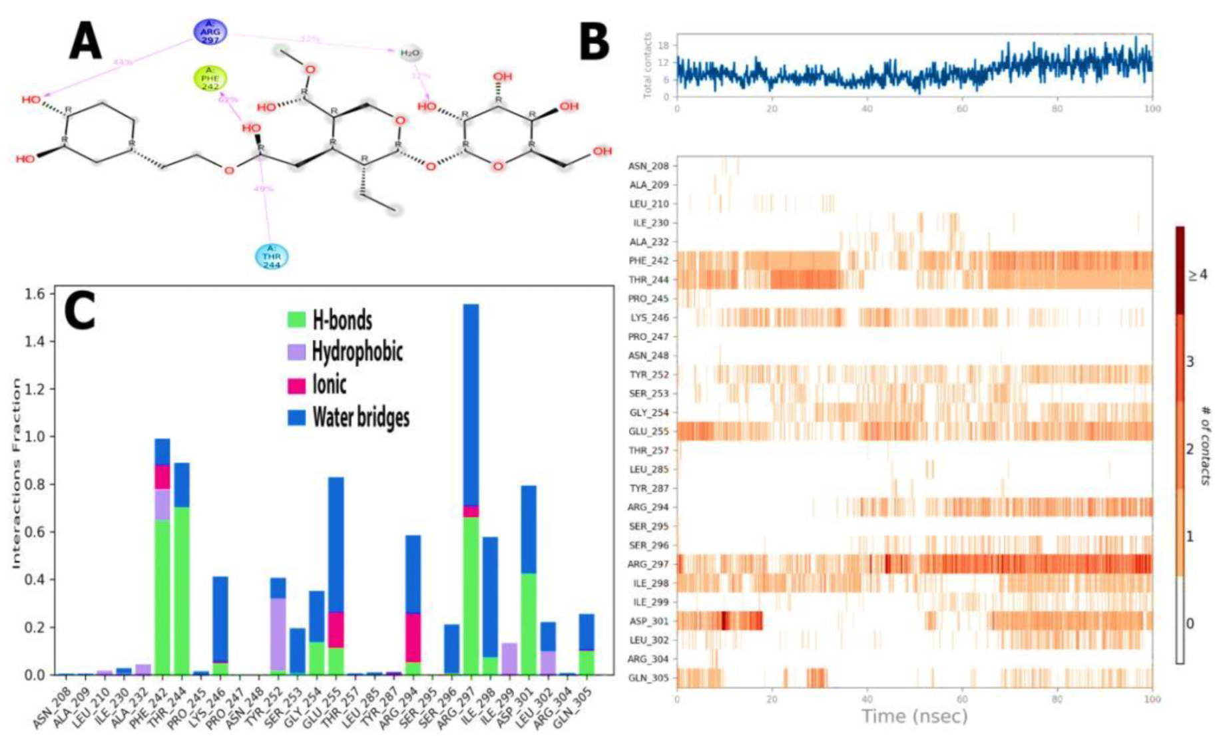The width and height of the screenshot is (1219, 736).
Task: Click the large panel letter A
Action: point(86,41)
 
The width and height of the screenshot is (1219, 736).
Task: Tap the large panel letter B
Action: point(595,41)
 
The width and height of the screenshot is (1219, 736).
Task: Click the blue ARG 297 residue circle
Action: point(210,31)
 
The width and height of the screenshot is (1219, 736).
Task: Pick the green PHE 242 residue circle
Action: point(210,78)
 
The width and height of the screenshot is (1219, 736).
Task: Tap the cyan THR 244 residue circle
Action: point(272,256)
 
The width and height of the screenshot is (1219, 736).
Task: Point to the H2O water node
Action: point(410,53)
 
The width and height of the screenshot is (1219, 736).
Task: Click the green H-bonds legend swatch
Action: point(296,319)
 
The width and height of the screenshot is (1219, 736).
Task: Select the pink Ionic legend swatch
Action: point(296,385)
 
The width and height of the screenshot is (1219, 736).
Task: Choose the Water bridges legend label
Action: point(361,417)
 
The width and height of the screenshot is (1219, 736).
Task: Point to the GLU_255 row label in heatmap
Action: point(648,431)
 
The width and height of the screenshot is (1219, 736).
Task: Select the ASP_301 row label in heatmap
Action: point(648,621)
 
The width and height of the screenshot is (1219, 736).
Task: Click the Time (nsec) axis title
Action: point(914,717)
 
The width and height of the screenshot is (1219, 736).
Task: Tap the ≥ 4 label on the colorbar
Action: point(1198,275)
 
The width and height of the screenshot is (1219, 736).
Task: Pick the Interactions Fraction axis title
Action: point(15,472)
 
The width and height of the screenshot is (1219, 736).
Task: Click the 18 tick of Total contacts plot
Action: point(664,45)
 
